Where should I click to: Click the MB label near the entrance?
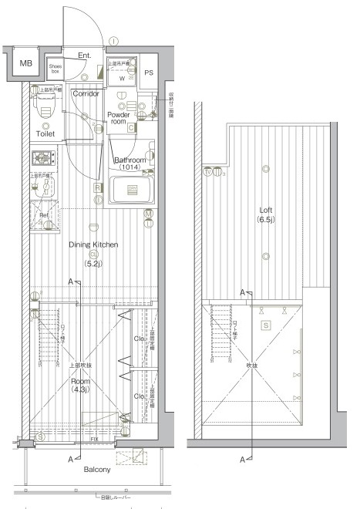tap(26, 63)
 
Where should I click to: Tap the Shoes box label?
tap(56, 69)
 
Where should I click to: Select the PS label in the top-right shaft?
tap(149, 73)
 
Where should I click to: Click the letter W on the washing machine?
tap(122, 78)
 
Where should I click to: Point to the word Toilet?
tap(45, 133)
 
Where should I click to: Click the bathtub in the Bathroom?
tap(133, 190)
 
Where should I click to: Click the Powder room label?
tap(119, 117)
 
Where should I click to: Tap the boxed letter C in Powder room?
tap(132, 127)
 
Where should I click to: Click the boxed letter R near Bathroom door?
tap(98, 187)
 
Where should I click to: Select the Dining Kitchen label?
tap(93, 244)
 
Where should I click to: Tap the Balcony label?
tap(97, 469)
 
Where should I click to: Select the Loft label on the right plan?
tap(266, 209)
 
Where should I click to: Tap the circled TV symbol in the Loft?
tap(207, 172)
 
